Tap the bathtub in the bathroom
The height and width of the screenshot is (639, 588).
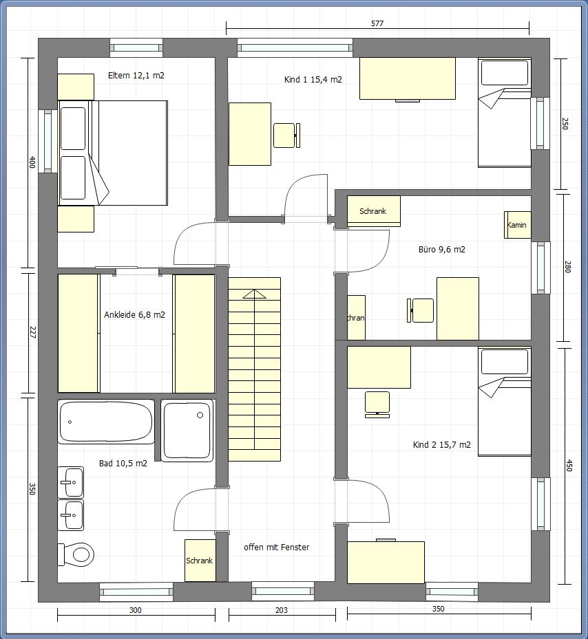[x=106, y=422]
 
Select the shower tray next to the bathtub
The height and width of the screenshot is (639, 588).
[x=187, y=431]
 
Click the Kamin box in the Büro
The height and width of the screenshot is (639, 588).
[x=517, y=224]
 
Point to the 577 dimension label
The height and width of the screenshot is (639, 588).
[x=377, y=23]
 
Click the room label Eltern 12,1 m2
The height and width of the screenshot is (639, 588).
[x=136, y=76]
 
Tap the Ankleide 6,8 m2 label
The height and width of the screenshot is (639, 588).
[x=135, y=314]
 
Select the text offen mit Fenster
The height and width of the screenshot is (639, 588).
[x=277, y=548]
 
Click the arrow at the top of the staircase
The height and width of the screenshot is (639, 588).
[x=254, y=294]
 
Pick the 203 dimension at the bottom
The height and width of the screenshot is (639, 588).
[x=282, y=610]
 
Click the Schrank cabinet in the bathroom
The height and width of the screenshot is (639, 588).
[x=200, y=561]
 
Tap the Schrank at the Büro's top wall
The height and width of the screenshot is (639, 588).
[x=373, y=211]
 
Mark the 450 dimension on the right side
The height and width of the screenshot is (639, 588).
[x=569, y=465]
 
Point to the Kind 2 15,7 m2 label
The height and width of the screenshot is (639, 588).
[x=442, y=444]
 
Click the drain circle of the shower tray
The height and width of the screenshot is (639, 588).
[x=200, y=415]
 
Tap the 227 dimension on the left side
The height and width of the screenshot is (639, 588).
[x=32, y=332]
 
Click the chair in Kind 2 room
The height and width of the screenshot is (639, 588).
[x=377, y=404]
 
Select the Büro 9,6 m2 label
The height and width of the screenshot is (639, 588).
[x=442, y=250]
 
